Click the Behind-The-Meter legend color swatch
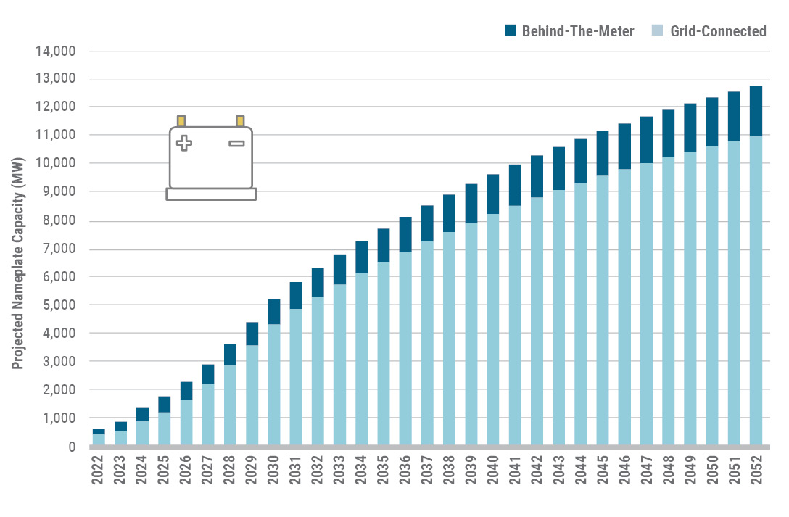pyautogui.click(x=509, y=30)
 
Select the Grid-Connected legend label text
pyautogui.click(x=718, y=30)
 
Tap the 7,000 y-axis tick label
pyautogui.click(x=62, y=249)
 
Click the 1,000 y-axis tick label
pyautogui.click(x=62, y=418)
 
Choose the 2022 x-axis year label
pyautogui.click(x=99, y=471)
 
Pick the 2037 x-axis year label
pyautogui.click(x=428, y=471)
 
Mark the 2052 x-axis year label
pyautogui.click(x=756, y=471)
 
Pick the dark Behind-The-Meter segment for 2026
pyautogui.click(x=186, y=390)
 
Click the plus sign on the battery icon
pyautogui.click(x=184, y=143)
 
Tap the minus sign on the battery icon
pyautogui.click(x=236, y=144)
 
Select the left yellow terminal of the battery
pyautogui.click(x=181, y=120)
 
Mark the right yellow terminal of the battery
pyautogui.click(x=239, y=120)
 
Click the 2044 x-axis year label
pyautogui.click(x=581, y=471)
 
